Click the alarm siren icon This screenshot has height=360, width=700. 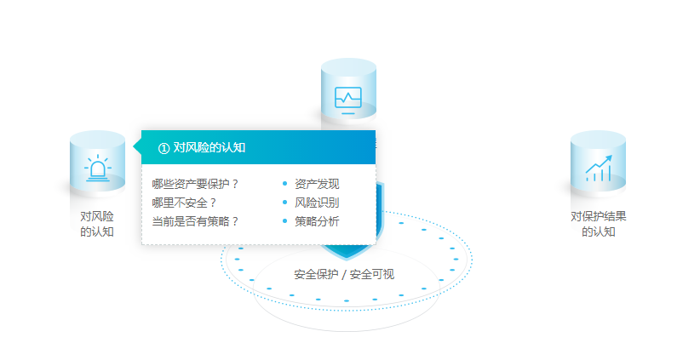point(97,169)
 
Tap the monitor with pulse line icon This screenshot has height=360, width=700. point(348,100)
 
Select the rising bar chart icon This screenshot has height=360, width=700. point(598,169)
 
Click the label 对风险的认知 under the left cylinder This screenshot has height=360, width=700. point(97,224)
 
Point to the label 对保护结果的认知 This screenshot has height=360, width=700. point(598,224)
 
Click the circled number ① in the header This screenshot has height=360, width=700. point(164,148)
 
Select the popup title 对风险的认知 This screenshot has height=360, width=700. point(209,147)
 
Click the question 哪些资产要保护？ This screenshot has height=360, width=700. point(196,184)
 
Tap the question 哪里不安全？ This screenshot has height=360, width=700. point(185,203)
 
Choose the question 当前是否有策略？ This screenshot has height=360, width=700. point(196,221)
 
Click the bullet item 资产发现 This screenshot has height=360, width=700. point(317,184)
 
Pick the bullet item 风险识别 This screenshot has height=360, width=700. point(317,203)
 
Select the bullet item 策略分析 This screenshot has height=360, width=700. point(317,221)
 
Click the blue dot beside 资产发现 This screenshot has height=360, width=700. point(284,183)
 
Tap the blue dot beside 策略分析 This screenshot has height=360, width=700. point(284,220)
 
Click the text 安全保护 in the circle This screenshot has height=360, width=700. point(316,274)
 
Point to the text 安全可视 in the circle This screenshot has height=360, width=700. point(372,274)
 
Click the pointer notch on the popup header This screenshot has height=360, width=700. point(137,146)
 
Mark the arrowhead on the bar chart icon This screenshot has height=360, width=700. point(608,159)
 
